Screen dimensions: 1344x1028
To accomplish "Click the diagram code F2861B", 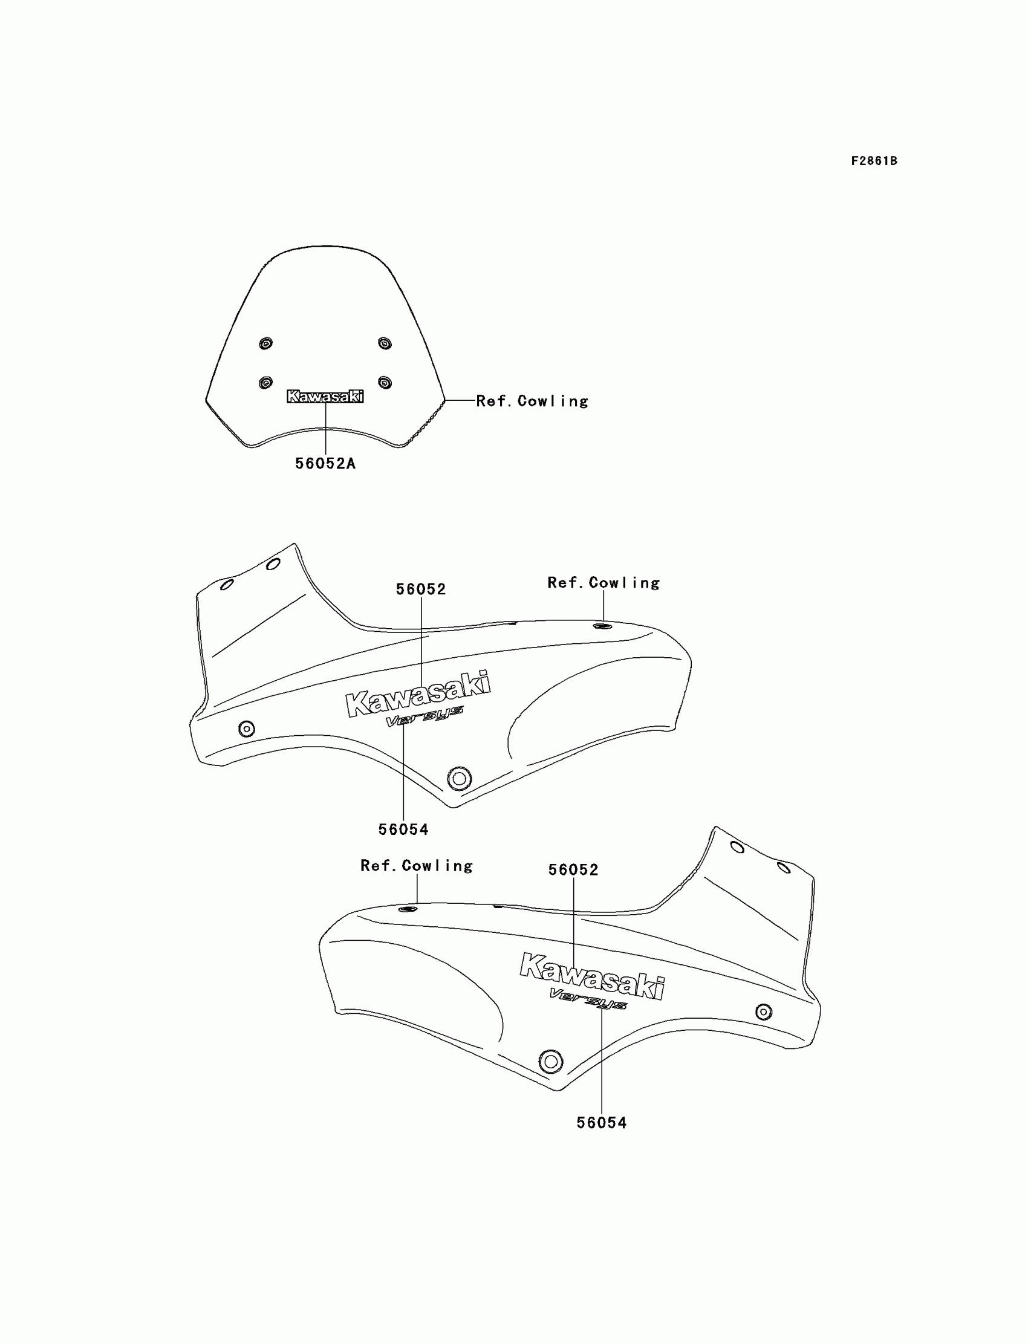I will [x=874, y=161].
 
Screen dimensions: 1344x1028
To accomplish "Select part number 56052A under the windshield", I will [x=325, y=464].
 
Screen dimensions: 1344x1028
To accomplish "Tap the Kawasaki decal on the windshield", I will [x=325, y=397].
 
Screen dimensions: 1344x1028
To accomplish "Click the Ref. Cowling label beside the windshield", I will [x=532, y=401].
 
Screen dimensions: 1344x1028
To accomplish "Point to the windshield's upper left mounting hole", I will [x=265, y=343].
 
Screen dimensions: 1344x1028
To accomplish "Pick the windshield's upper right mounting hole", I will [x=384, y=343].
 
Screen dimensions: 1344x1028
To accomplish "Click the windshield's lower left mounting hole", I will [x=265, y=382].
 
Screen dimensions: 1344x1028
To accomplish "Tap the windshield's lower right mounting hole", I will [x=384, y=382].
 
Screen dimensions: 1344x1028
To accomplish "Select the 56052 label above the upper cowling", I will [x=421, y=589].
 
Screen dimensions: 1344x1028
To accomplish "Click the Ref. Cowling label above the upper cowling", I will [x=603, y=583].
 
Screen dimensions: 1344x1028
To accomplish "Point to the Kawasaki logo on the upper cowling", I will [x=418, y=694].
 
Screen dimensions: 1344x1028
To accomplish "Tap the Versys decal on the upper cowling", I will [x=424, y=717].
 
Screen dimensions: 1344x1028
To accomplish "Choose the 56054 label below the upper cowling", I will [x=403, y=829].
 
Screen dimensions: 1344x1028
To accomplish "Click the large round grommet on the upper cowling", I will [x=459, y=779].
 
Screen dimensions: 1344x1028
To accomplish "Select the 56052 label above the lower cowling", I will [x=573, y=870].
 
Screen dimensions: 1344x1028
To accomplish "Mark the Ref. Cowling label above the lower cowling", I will [x=417, y=866].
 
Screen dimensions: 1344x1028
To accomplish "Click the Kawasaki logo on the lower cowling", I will [x=592, y=976].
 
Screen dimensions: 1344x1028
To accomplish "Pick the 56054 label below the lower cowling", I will [x=602, y=1123].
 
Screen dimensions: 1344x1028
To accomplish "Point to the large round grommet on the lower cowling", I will [x=551, y=1062].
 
